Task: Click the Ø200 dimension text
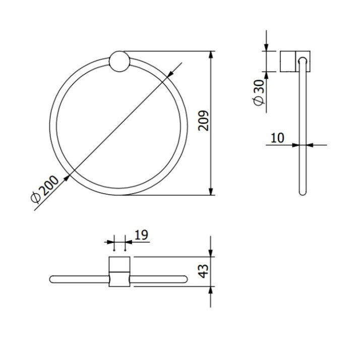pyautogui.click(x=45, y=190)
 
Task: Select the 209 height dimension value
pyautogui.click(x=203, y=120)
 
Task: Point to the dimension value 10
pyautogui.click(x=277, y=138)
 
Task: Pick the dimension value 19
pyautogui.click(x=141, y=234)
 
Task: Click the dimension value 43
pyautogui.click(x=203, y=271)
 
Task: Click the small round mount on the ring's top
pyautogui.click(x=119, y=62)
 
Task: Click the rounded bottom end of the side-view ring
pyautogui.click(x=302, y=193)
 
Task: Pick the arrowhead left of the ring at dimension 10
pyautogui.click(x=296, y=146)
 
